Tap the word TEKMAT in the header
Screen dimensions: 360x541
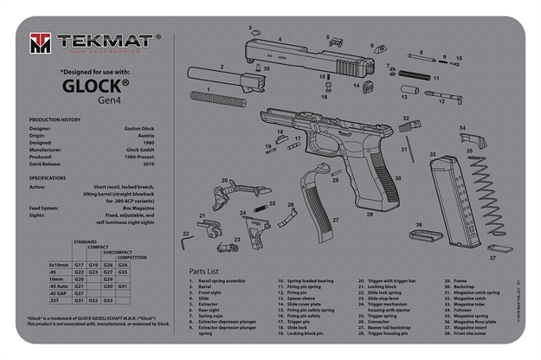(104, 40)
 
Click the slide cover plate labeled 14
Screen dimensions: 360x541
(366, 87)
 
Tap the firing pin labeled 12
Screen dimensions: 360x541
(441, 95)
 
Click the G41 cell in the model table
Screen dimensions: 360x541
(124, 286)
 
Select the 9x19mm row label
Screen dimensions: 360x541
(59, 264)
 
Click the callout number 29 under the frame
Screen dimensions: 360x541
(369, 214)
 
